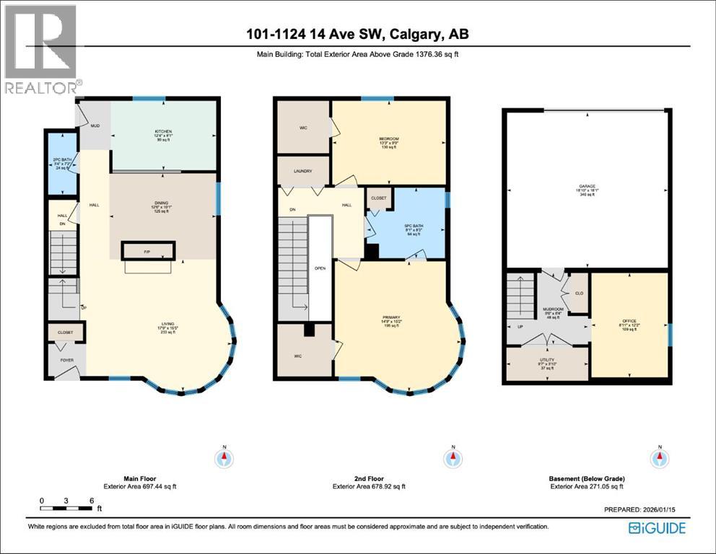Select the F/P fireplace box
click(147, 252)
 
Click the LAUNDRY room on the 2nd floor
click(303, 171)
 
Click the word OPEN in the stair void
click(320, 268)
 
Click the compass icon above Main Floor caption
click(225, 457)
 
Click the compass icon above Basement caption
click(658, 457)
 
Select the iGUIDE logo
click(657, 527)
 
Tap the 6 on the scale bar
click(91, 500)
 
